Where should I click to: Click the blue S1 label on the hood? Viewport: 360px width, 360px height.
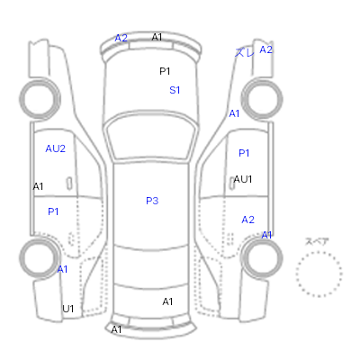pyautogui.click(x=175, y=90)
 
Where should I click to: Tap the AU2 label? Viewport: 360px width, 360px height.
pyautogui.click(x=56, y=148)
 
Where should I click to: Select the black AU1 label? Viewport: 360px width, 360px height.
pyautogui.click(x=243, y=179)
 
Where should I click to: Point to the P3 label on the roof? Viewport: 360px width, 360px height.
pyautogui.click(x=152, y=201)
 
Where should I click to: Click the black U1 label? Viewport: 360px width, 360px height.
pyautogui.click(x=68, y=309)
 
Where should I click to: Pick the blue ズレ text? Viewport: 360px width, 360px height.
pyautogui.click(x=244, y=53)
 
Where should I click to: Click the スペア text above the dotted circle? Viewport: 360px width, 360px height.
pyautogui.click(x=317, y=241)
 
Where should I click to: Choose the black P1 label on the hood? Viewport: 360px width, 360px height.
pyautogui.click(x=165, y=71)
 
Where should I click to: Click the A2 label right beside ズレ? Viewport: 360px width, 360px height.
pyautogui.click(x=265, y=49)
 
